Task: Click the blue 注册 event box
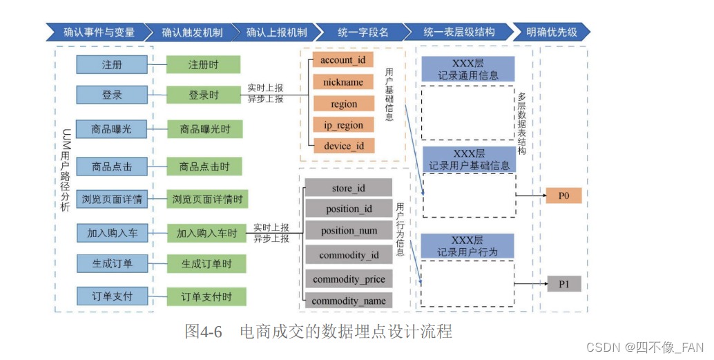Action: (112, 65)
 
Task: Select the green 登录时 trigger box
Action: (203, 95)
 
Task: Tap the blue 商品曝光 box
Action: (112, 129)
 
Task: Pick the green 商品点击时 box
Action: (204, 167)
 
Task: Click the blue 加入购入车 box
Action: (112, 233)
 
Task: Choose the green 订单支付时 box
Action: (206, 296)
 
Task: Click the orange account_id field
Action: (343, 60)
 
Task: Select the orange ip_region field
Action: (344, 125)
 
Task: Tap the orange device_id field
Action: (344, 146)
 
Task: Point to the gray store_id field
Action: (348, 188)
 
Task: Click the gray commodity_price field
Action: (349, 279)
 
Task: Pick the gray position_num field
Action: (349, 231)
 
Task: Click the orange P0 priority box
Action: (563, 196)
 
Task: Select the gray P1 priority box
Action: (564, 284)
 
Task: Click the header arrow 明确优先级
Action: (552, 32)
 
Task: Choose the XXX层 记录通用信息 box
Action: (468, 69)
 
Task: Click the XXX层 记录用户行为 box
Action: (467, 246)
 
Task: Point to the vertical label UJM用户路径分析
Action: (65, 171)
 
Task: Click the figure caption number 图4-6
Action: (203, 331)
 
